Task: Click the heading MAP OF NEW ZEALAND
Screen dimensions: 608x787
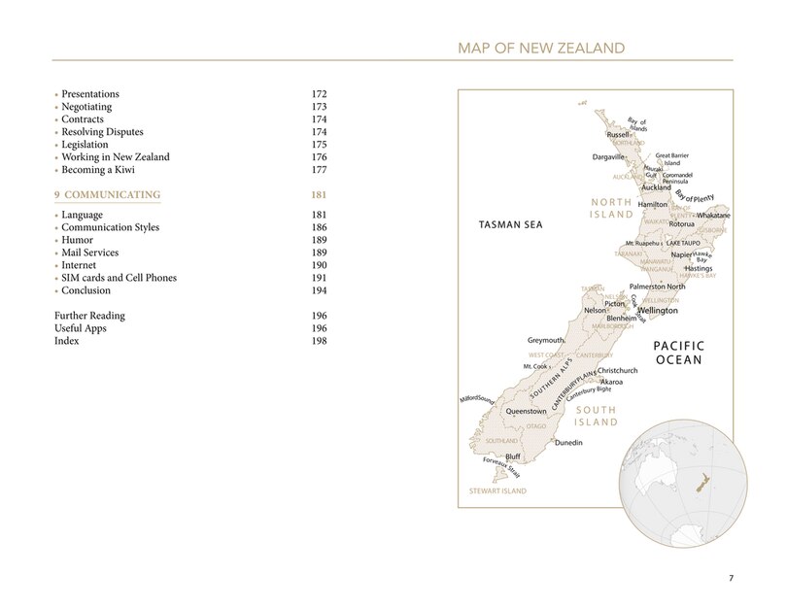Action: (540, 47)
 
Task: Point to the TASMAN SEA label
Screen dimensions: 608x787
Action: (510, 225)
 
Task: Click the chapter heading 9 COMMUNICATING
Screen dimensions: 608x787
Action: (107, 195)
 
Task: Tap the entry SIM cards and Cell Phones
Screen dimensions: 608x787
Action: (121, 278)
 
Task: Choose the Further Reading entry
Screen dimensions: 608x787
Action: (89, 317)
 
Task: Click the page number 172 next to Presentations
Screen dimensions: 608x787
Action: (319, 94)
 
